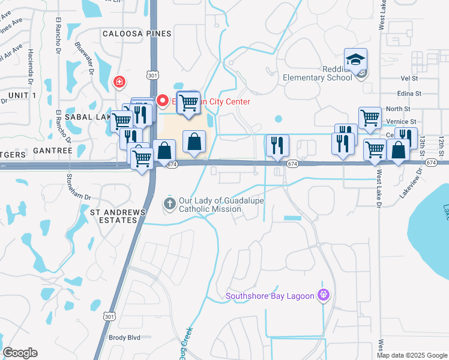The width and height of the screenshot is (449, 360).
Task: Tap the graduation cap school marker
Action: [x=356, y=61]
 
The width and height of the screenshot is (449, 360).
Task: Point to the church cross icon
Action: [x=170, y=204]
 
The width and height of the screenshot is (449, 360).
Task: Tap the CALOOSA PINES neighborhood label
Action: [x=137, y=34]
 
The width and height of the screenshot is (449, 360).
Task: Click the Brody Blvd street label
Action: [x=124, y=337]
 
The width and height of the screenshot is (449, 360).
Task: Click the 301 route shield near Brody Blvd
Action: [x=109, y=316]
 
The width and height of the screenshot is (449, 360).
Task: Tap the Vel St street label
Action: [x=409, y=78]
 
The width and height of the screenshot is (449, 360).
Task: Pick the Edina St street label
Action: [x=411, y=94]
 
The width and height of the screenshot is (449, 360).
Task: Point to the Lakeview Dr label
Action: [x=411, y=183]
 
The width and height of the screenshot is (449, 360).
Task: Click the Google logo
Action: [x=20, y=353]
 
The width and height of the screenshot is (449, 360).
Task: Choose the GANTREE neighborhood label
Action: [x=53, y=150]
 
